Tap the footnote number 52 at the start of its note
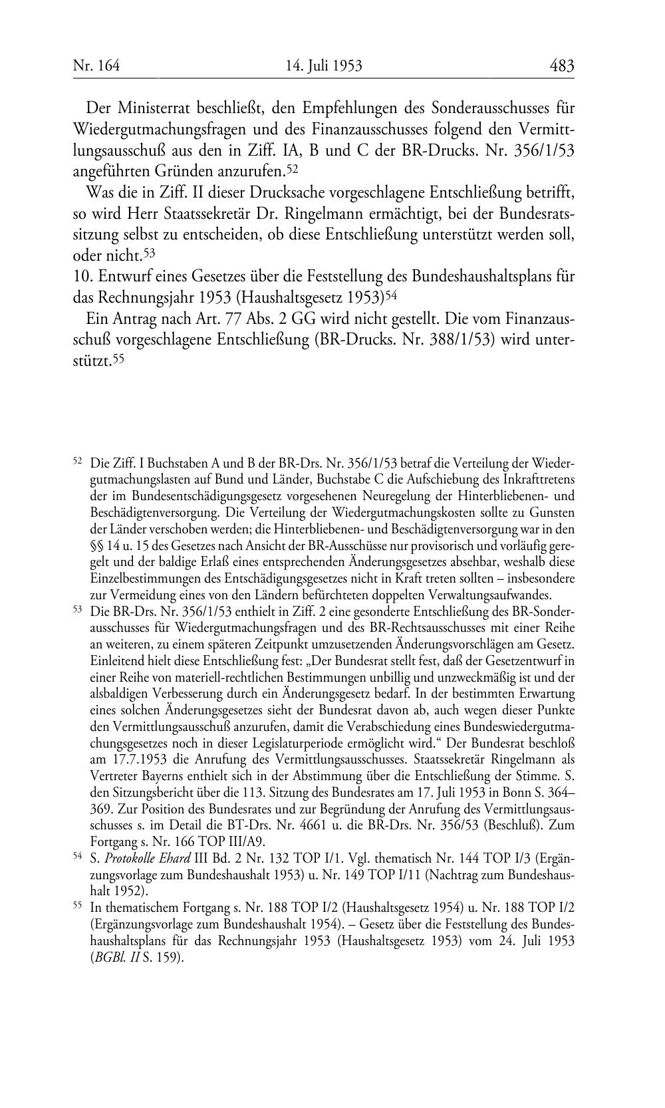[x=77, y=460]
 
